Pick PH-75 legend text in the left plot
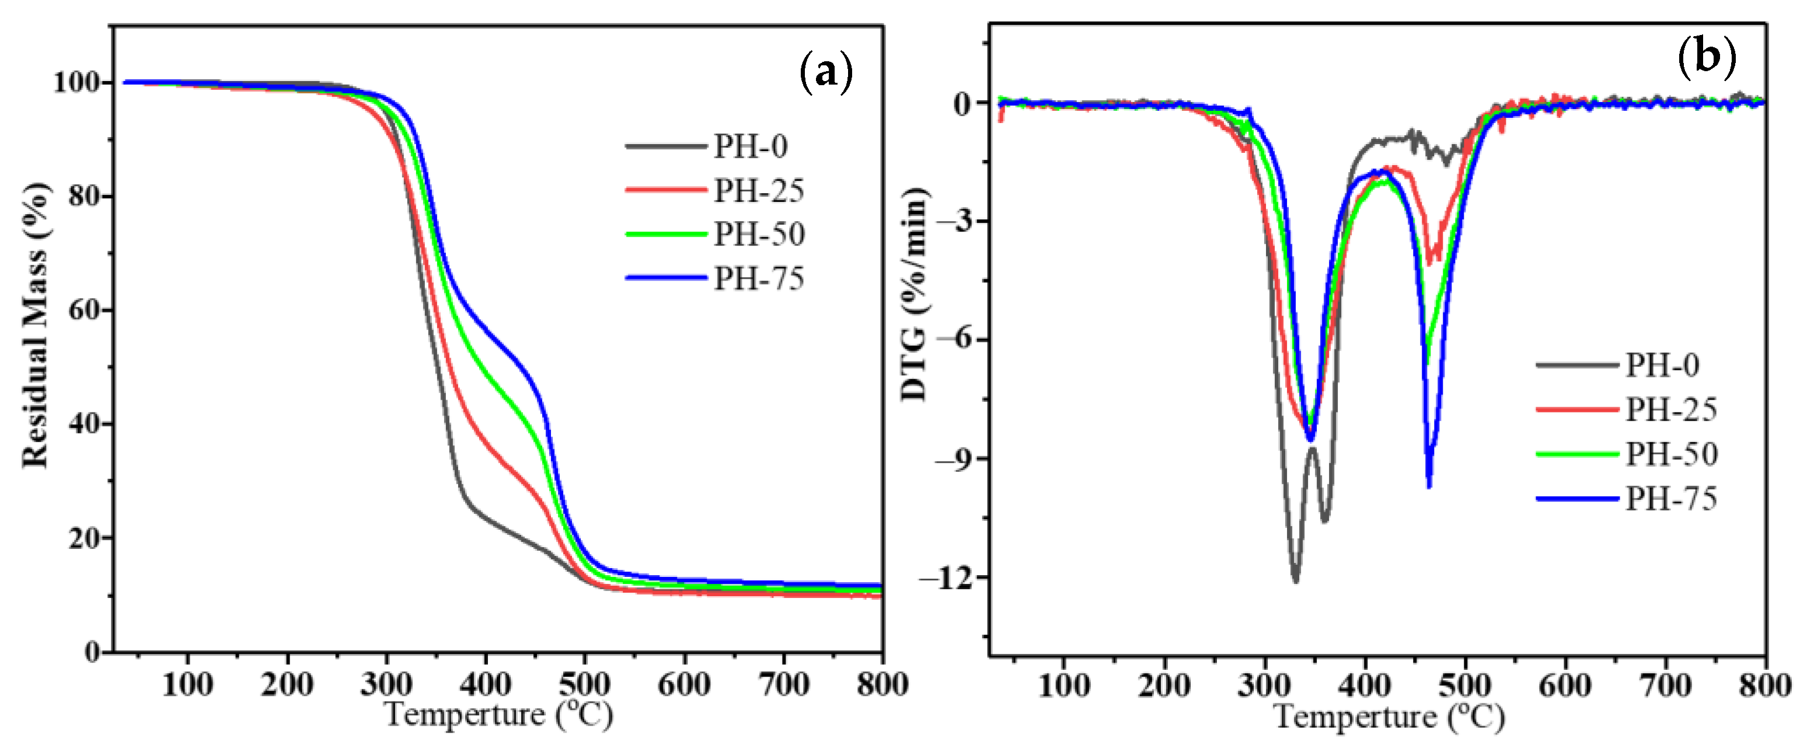click(x=759, y=279)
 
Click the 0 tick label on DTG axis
click(x=963, y=104)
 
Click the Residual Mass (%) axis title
click(x=35, y=325)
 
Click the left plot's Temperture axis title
click(x=498, y=715)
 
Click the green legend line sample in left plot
click(x=665, y=234)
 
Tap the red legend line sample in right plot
click(x=1577, y=409)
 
